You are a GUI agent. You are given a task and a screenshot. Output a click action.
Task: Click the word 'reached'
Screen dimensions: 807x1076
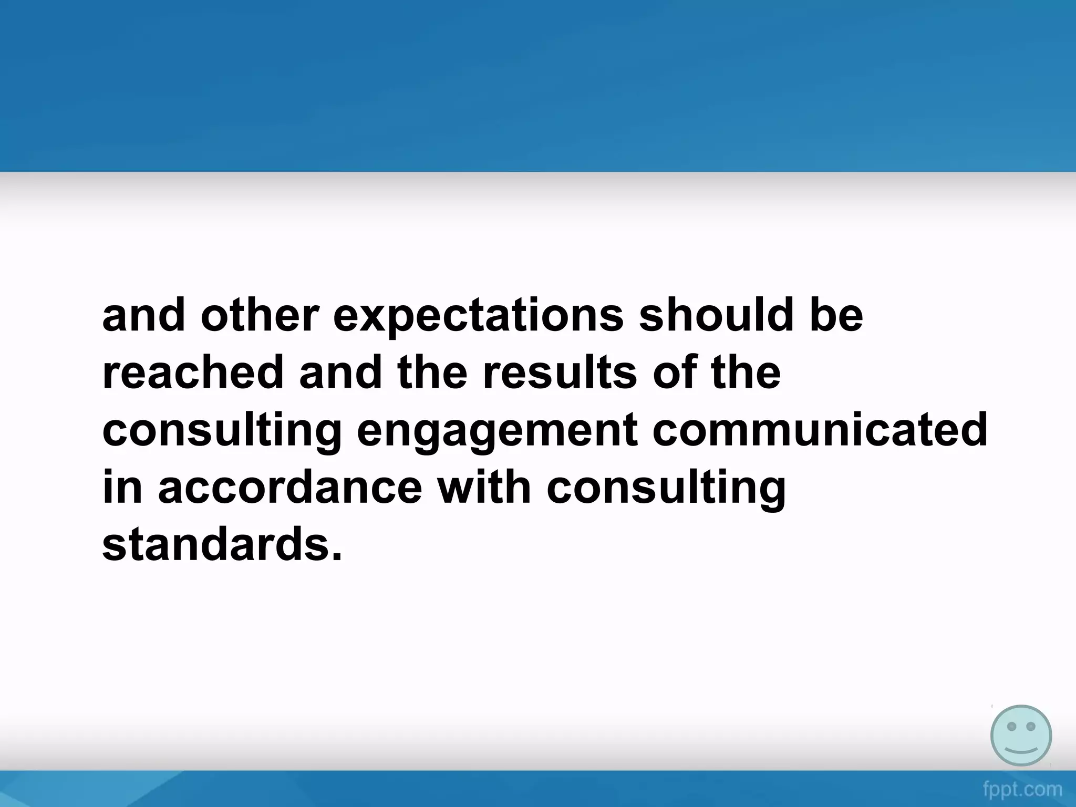[192, 373]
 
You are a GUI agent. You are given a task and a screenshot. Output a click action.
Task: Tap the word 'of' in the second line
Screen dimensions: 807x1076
[676, 373]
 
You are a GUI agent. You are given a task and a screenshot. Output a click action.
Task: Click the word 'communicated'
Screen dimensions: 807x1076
[820, 430]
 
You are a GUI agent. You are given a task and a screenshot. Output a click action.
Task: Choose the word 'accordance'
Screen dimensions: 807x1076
[290, 488]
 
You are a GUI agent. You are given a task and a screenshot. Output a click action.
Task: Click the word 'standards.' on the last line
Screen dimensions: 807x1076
[222, 545]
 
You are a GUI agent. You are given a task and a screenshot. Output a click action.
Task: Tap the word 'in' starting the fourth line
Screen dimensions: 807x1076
[122, 488]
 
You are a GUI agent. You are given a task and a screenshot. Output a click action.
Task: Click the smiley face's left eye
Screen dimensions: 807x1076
[1011, 726]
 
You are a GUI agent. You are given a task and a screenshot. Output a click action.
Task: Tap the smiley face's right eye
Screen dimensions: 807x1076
[1031, 726]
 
